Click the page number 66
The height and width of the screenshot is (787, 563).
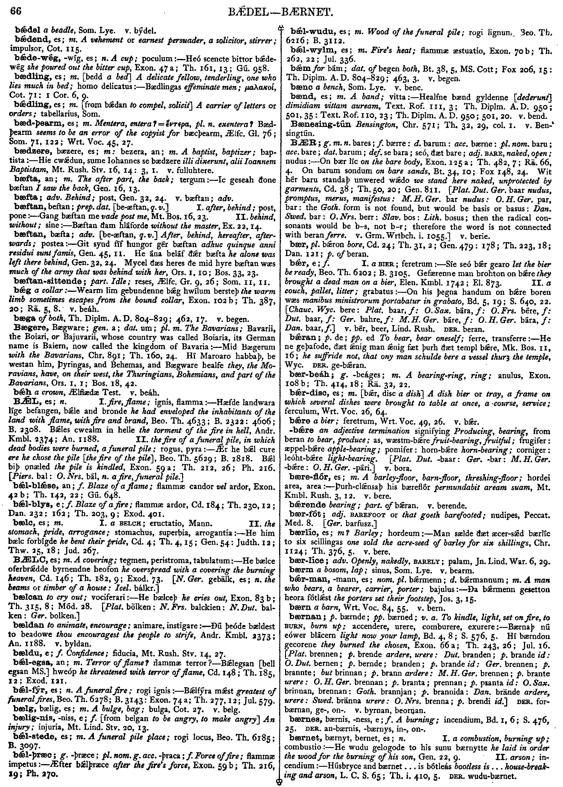[x=16, y=11]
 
